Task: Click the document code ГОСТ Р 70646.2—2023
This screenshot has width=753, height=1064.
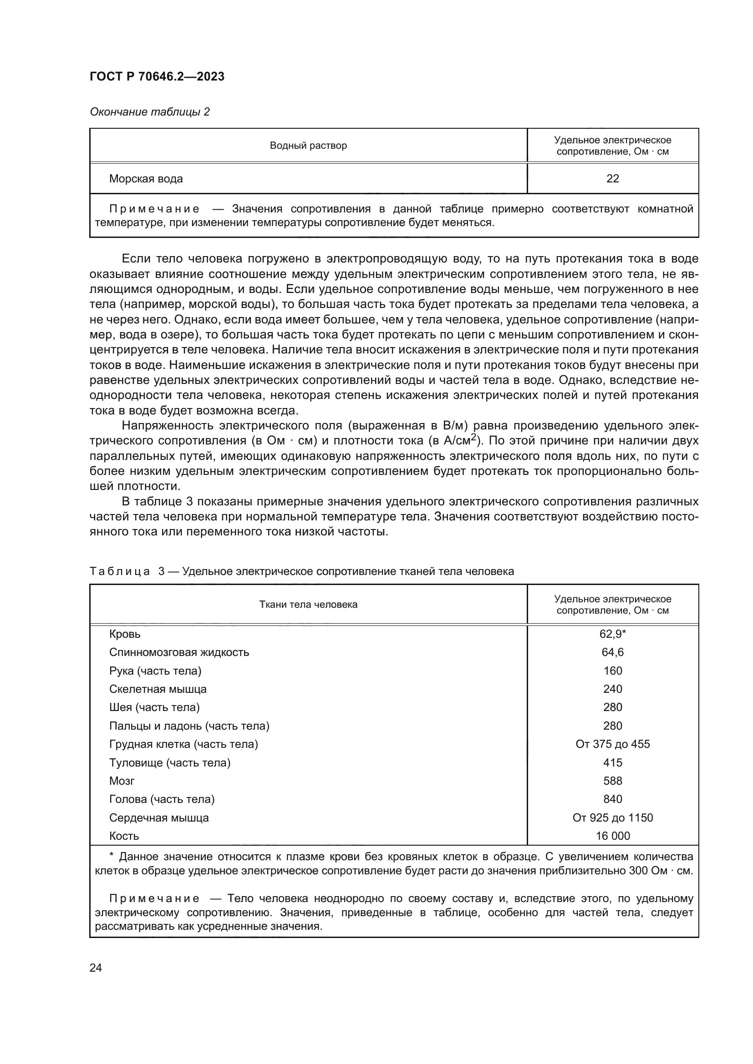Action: pos(157,76)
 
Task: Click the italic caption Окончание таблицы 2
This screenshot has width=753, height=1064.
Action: pos(149,112)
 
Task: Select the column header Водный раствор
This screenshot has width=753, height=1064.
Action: pos(308,146)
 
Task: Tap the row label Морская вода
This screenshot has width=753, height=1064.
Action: pos(146,179)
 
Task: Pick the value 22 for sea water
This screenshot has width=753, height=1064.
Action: pos(612,179)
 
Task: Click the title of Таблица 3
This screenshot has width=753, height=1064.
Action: pos(301,571)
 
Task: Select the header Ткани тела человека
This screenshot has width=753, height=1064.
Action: pos(308,604)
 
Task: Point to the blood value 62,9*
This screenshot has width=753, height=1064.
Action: pos(612,634)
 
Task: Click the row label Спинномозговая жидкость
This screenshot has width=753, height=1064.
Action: pos(179,652)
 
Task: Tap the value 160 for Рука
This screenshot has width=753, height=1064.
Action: pos(612,671)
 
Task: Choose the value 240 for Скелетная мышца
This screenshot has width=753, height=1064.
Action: pos(612,689)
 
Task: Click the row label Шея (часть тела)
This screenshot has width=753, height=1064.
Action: pos(154,707)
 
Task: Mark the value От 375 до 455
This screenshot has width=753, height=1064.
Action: pos(612,744)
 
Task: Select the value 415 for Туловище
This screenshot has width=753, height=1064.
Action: pos(612,763)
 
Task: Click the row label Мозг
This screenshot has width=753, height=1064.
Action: pos(122,781)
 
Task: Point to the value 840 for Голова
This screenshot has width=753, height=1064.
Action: pos(612,799)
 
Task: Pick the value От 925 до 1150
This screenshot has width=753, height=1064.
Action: pos(612,817)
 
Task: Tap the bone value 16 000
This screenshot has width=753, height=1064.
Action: pos(612,836)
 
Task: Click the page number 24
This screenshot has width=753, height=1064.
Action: pos(96,968)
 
